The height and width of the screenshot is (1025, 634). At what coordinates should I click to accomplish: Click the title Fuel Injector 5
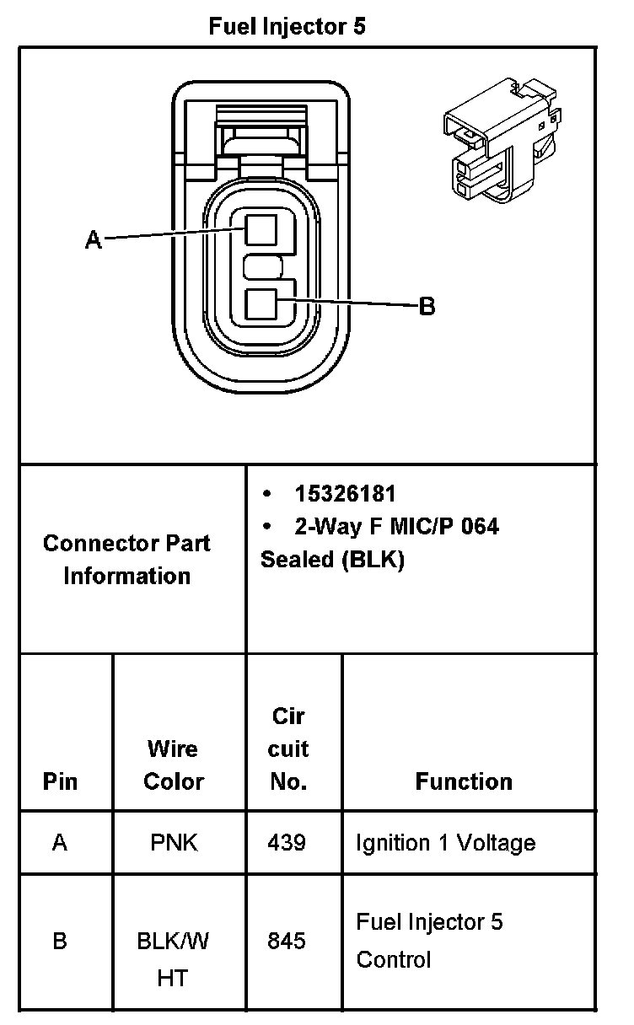click(287, 27)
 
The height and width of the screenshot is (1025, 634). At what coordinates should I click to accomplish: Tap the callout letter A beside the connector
click(94, 240)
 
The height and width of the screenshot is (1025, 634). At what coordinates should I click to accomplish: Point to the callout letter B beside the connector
click(427, 306)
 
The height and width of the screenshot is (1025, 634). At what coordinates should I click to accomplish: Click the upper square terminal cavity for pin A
click(261, 229)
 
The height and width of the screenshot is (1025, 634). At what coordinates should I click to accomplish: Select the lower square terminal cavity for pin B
click(261, 304)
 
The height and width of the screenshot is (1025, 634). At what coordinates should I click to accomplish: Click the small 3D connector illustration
click(499, 139)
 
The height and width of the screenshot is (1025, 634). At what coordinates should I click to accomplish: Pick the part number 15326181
click(345, 494)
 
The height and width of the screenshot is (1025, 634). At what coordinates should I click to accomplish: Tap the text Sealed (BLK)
click(332, 560)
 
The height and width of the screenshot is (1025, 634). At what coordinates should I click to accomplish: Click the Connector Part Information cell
click(127, 559)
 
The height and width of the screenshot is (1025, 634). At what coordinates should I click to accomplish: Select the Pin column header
click(60, 781)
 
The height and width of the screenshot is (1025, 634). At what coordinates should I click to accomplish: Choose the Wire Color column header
click(174, 765)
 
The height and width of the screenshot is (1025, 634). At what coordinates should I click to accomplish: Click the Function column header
click(464, 781)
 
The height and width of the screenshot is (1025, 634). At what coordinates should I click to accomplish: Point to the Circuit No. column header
click(288, 749)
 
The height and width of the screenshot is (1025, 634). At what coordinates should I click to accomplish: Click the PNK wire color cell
click(174, 843)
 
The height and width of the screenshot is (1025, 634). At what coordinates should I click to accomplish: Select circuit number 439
click(287, 843)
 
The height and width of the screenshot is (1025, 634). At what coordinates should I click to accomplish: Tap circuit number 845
click(287, 940)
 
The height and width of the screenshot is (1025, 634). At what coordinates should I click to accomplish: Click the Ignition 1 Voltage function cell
click(446, 843)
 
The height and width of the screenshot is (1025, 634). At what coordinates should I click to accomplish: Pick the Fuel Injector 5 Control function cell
click(430, 940)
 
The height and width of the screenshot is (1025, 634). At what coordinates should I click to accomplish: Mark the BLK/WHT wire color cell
click(173, 959)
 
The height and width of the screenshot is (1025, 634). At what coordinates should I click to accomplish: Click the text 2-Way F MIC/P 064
click(396, 527)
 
